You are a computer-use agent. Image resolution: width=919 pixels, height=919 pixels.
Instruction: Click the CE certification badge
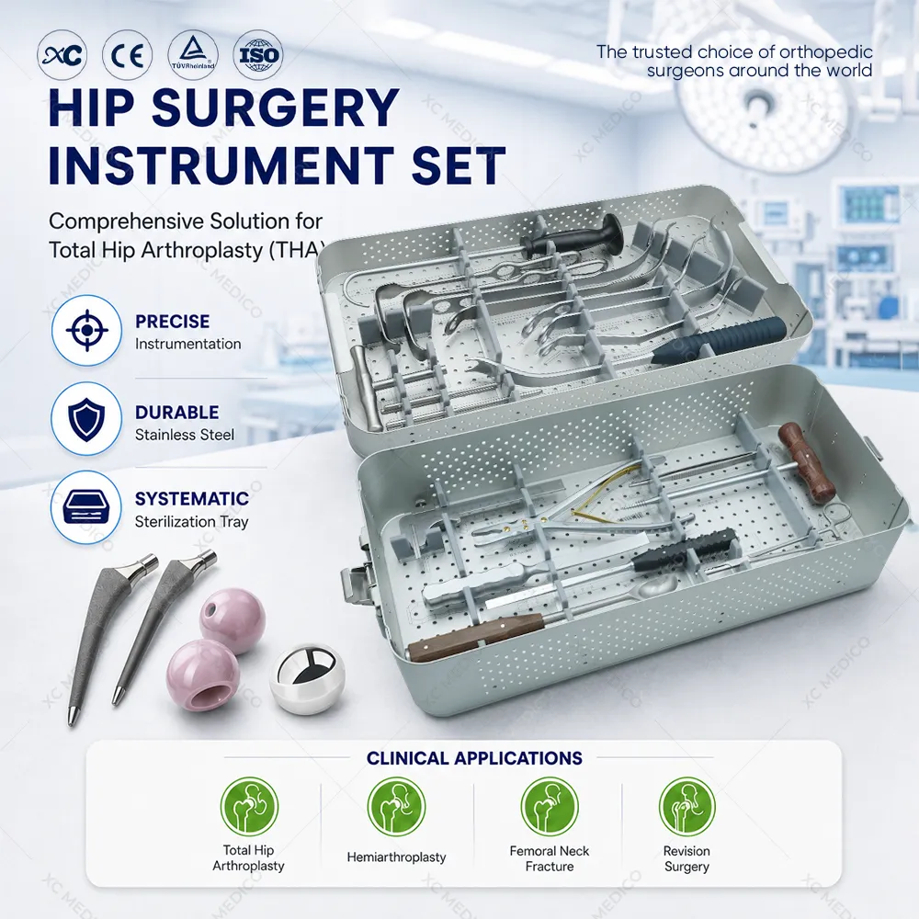tap(127, 56)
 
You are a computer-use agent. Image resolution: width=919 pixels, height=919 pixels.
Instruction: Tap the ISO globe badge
tap(258, 56)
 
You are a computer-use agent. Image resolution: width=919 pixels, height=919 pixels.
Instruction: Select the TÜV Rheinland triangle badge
tap(193, 56)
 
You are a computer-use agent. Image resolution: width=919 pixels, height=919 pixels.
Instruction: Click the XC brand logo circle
tap(62, 56)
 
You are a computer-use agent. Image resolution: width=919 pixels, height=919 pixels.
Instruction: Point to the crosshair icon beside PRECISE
tap(86, 331)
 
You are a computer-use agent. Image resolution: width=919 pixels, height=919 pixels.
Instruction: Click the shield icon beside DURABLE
tap(86, 419)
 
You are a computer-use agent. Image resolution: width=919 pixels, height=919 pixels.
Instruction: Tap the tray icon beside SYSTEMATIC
tap(86, 507)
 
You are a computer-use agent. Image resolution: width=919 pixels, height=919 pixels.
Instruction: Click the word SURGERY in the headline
tap(276, 108)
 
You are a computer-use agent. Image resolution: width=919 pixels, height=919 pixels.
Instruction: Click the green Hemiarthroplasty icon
tap(396, 807)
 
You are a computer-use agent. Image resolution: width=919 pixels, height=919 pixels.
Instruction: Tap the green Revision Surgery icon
tap(686, 807)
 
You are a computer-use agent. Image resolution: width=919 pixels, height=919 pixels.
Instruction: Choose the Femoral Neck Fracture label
tap(550, 858)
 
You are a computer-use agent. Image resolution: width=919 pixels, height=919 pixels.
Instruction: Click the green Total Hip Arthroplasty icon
tap(249, 807)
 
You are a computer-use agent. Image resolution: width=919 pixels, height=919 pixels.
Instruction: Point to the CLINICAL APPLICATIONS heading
tap(474, 758)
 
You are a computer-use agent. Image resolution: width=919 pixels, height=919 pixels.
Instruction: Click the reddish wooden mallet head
tap(807, 462)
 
